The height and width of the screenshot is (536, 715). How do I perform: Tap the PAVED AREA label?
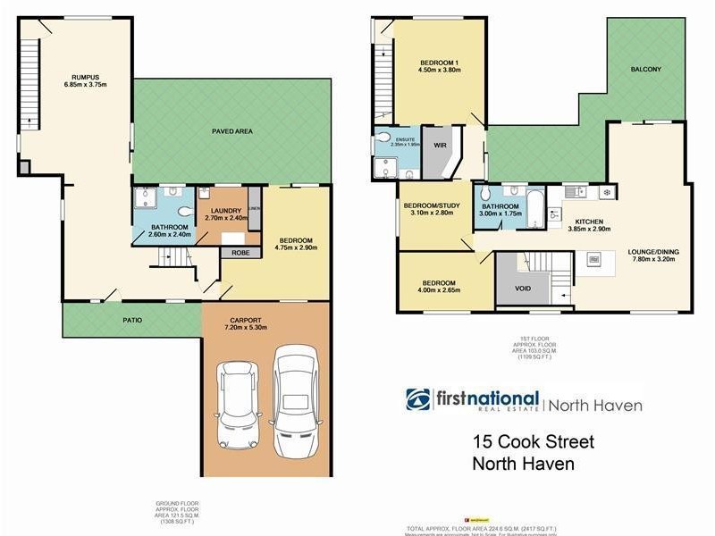pos(231,131)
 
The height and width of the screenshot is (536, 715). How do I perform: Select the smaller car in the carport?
pos(240,401)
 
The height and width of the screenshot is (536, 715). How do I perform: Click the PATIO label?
pos(131,320)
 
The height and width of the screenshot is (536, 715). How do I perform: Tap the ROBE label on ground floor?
pos(240,253)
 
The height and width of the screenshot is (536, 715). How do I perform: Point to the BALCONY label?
pos(645,69)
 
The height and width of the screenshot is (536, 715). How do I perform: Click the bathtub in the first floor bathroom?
pos(534,208)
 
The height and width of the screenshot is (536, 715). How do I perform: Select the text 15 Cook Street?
pos(532,442)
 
